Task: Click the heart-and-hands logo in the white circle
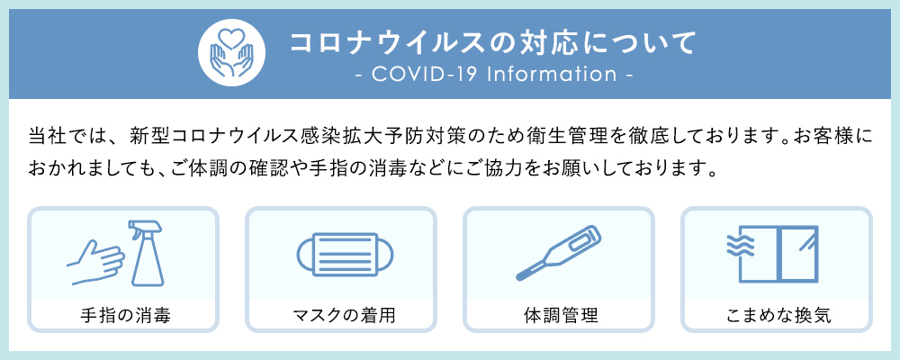(x=231, y=53)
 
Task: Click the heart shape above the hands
(x=231, y=39)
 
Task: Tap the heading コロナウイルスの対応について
(x=493, y=42)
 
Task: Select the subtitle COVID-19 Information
(x=494, y=74)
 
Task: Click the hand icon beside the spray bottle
(x=95, y=262)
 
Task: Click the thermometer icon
(x=559, y=253)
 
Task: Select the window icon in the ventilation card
(x=778, y=253)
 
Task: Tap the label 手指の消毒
(x=125, y=316)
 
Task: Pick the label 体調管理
(x=560, y=316)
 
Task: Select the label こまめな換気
(x=778, y=316)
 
